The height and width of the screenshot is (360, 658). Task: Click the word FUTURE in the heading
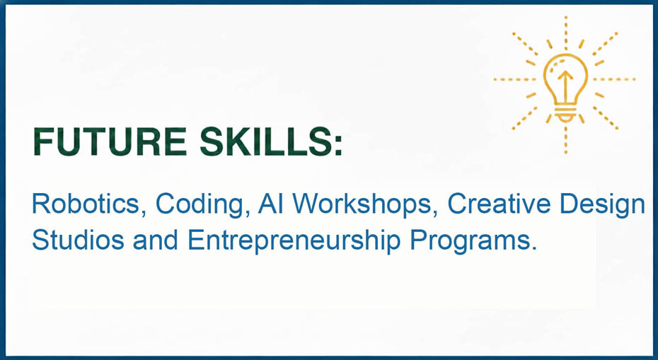click(x=110, y=141)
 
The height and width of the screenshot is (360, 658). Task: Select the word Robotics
click(x=86, y=204)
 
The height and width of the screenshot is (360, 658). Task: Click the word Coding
click(x=200, y=206)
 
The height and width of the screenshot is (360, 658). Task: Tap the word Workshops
click(x=362, y=206)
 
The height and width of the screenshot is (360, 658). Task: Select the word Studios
click(x=78, y=240)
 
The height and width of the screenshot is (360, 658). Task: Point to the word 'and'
click(x=155, y=240)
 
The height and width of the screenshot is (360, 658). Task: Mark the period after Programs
click(x=533, y=248)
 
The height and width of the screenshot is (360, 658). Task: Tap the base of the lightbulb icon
click(x=566, y=114)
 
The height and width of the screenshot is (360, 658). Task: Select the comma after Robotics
click(x=143, y=213)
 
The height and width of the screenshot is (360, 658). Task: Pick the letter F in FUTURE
click(x=43, y=141)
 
